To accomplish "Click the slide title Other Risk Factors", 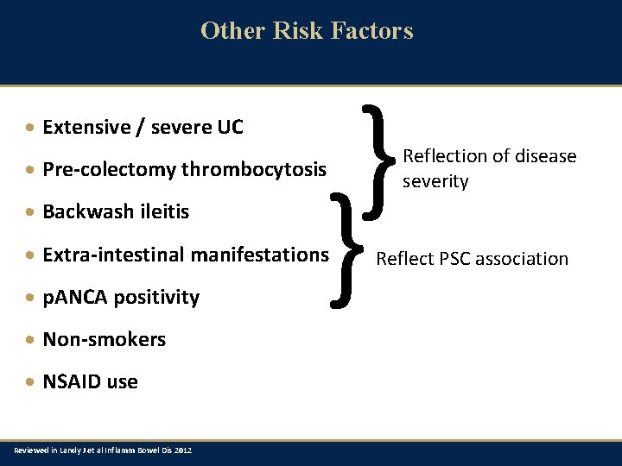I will click(x=307, y=30).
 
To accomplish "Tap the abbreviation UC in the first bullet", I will click(x=230, y=128).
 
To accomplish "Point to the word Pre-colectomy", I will click(x=109, y=170).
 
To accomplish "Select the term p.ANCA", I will click(x=72, y=297).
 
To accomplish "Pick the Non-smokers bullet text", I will click(x=104, y=339).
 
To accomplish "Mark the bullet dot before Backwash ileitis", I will click(x=30, y=212).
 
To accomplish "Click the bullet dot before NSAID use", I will click(x=30, y=382).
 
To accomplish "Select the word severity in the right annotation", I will click(x=435, y=181).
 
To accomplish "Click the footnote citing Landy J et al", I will click(x=103, y=450).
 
